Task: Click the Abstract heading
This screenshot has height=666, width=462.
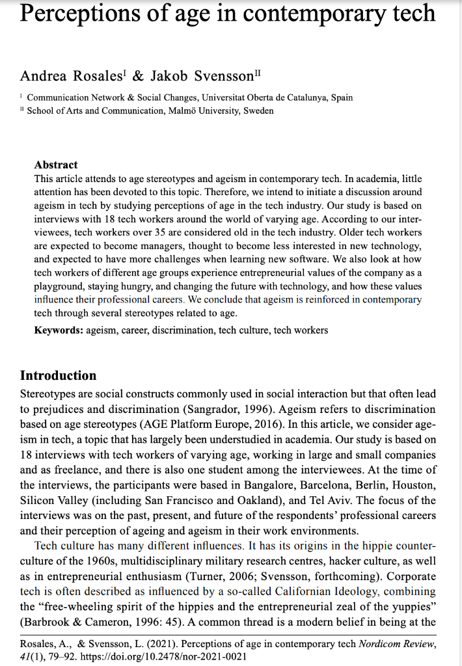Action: coord(55,165)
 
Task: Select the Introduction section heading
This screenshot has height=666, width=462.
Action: coord(58,375)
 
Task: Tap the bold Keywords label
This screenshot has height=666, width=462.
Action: coord(58,330)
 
